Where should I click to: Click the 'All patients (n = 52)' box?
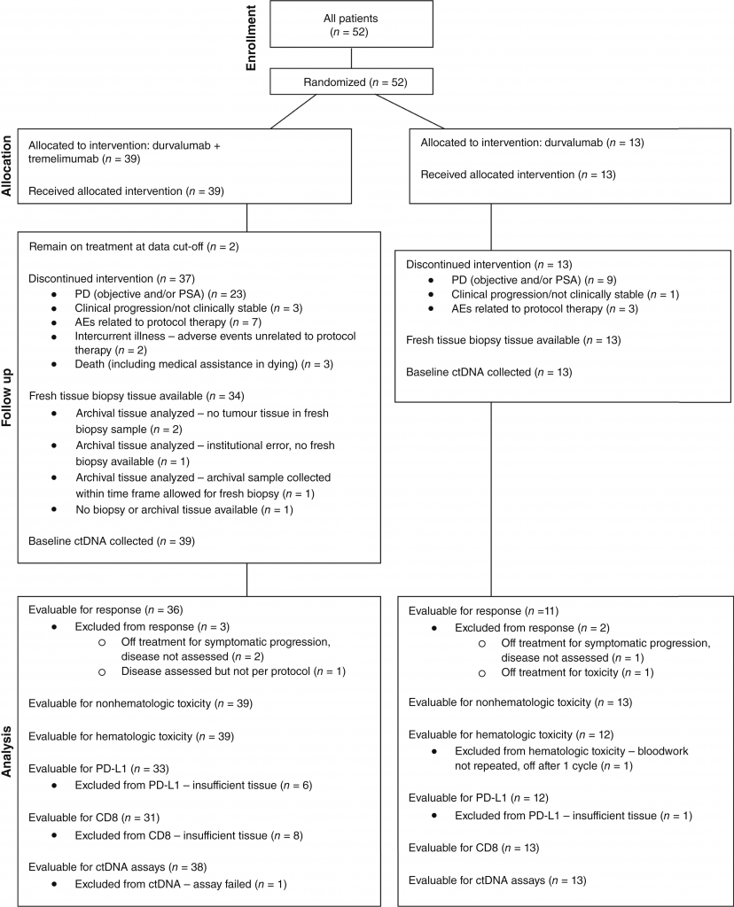351,24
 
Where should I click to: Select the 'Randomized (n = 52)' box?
351,82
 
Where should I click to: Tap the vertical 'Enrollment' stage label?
251,38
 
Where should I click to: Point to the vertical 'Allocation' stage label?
6,166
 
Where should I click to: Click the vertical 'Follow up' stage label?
6,398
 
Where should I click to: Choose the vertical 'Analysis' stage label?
6,751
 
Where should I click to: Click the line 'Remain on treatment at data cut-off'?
134,246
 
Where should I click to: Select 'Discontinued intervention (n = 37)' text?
112,279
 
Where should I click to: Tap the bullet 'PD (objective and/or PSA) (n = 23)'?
160,294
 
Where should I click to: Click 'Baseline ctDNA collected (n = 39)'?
112,541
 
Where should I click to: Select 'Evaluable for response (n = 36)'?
105,609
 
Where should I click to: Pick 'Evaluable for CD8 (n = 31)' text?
94,818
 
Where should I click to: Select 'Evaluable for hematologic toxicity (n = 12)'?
511,734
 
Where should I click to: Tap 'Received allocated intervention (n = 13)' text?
518,174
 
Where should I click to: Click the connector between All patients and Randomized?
351,59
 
